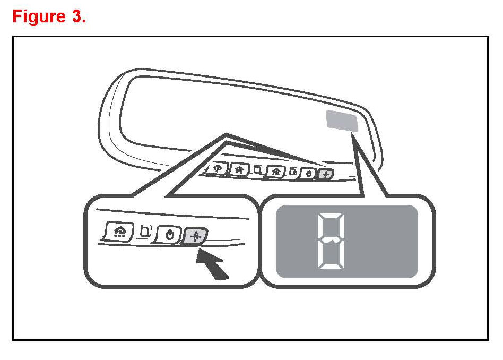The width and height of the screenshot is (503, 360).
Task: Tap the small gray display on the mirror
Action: click(x=343, y=121)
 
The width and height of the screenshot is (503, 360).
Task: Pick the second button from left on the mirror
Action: click(x=239, y=169)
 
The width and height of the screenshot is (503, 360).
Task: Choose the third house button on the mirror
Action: click(x=275, y=172)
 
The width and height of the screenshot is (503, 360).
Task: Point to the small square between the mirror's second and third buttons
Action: click(x=258, y=170)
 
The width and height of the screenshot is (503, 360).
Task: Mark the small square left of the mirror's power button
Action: click(x=292, y=172)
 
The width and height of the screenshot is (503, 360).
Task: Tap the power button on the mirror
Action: click(x=308, y=173)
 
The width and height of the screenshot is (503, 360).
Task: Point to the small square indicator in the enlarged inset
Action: click(x=144, y=231)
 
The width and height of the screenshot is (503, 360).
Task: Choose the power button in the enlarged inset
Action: click(x=169, y=235)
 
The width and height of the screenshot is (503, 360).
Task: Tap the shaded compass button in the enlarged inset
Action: click(x=195, y=236)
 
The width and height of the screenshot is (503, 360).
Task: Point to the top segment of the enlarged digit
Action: click(x=329, y=217)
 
